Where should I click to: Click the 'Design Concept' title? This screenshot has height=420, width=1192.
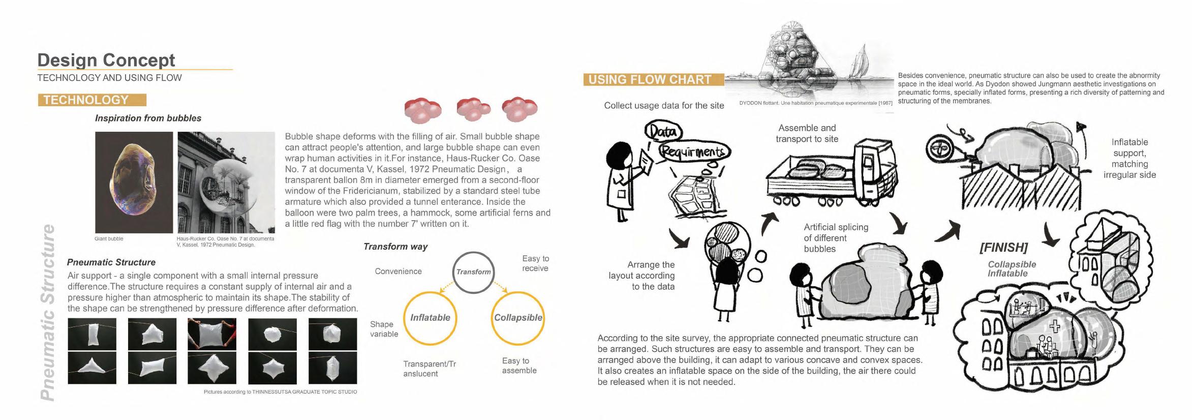pyautogui.click(x=106, y=61)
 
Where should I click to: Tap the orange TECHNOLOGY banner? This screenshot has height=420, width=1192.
pyautogui.click(x=92, y=100)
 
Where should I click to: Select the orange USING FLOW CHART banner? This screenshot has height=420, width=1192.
pyautogui.click(x=653, y=80)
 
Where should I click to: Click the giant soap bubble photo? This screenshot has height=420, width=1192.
pyautogui.click(x=134, y=182)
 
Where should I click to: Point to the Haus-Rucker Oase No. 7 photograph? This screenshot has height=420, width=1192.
pyautogui.click(x=226, y=182)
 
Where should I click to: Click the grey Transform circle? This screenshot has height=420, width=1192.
pyautogui.click(x=473, y=272)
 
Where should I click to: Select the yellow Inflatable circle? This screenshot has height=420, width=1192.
pyautogui.click(x=430, y=318)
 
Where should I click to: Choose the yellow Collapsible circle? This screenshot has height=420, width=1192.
pyautogui.click(x=517, y=318)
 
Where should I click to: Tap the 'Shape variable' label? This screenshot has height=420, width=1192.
pyautogui.click(x=384, y=329)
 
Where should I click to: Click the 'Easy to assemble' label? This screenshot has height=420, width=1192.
pyautogui.click(x=519, y=366)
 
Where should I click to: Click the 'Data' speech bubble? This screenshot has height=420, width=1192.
pyautogui.click(x=663, y=132)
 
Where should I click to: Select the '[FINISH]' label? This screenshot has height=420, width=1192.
pyautogui.click(x=1003, y=248)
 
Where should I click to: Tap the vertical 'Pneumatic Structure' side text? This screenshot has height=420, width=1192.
pyautogui.click(x=48, y=312)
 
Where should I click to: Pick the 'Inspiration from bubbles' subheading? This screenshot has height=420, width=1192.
pyautogui.click(x=148, y=118)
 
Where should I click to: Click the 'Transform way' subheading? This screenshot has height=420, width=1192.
pyautogui.click(x=395, y=247)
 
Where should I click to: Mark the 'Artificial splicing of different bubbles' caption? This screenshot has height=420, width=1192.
pyautogui.click(x=836, y=238)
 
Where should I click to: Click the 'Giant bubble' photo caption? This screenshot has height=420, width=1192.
pyautogui.click(x=109, y=238)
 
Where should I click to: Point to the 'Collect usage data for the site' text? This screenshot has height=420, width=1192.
pyautogui.click(x=663, y=106)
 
